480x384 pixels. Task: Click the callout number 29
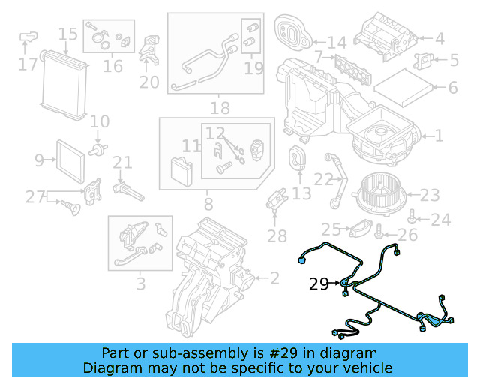(319, 283)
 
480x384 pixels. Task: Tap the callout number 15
(68, 34)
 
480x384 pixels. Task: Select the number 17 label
(28, 65)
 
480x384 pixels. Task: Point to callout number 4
(439, 37)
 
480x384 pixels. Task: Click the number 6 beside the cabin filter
(453, 88)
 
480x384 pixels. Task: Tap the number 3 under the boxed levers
(140, 284)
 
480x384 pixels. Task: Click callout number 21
(122, 162)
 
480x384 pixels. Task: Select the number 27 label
(35, 196)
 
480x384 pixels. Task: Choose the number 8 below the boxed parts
(208, 203)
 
